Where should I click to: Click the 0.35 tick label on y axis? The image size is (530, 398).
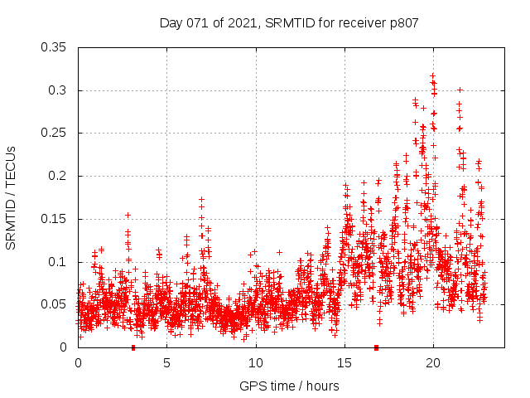pos(55,47)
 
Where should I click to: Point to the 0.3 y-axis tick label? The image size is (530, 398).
pos(58,90)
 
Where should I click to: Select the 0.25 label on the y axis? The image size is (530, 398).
pos(55,133)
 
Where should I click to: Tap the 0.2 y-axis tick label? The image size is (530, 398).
pos(58,176)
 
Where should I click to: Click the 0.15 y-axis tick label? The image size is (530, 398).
pos(55,219)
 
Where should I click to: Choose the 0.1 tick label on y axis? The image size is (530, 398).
pos(58,262)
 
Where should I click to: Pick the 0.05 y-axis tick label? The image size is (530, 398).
pos(55,304)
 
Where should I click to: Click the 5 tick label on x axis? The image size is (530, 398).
pos(166,363)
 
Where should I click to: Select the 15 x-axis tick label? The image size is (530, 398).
pos(344,363)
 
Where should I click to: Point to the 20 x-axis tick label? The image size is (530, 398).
pos(432,363)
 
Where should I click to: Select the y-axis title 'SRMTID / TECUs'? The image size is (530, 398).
pos(11,197)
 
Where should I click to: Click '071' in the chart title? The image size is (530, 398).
pos(194,23)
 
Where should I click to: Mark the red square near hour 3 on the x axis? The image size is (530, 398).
pos(132,347)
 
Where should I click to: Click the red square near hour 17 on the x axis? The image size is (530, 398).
pos(377,347)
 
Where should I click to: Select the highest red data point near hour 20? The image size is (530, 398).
pos(432,75)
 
